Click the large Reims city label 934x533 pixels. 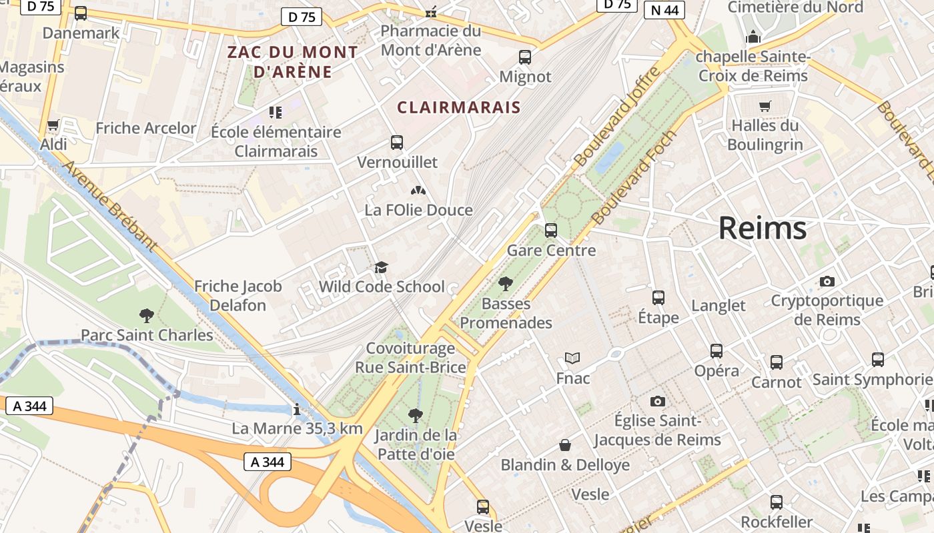tap(762, 229)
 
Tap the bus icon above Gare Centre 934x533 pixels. tap(550, 231)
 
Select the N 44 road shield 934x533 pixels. tap(664, 9)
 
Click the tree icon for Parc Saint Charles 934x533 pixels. tap(147, 315)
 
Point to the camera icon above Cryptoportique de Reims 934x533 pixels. tap(827, 281)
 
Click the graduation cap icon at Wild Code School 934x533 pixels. tap(381, 268)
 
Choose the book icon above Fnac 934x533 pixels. tap(572, 358)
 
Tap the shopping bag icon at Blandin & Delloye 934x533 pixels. tap(565, 444)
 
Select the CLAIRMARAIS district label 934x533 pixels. tap(458, 107)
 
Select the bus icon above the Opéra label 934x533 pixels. tap(716, 350)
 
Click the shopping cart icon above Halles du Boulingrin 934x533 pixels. tap(765, 106)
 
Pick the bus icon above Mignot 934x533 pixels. tap(525, 57)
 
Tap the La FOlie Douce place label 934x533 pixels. tap(418, 211)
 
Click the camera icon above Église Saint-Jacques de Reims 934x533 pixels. tap(657, 401)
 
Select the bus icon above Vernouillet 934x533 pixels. tap(397, 143)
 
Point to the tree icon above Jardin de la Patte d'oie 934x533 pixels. tap(416, 416)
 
